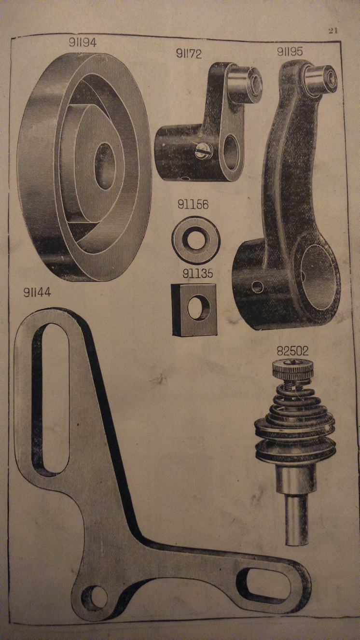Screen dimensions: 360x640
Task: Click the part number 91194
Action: pos(83,42)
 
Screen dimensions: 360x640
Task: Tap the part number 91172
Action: pos(189,54)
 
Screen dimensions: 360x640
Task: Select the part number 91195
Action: pos(290,52)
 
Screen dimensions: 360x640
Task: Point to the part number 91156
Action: pos(193,204)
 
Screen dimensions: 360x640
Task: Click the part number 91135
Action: pos(198,274)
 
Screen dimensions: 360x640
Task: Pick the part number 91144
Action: pos(37,292)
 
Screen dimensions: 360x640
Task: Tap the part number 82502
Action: pos(292,351)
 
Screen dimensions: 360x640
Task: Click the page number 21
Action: pos(332,30)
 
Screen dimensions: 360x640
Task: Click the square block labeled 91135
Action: pos(194,309)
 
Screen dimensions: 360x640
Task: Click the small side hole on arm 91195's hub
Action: pos(258,287)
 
